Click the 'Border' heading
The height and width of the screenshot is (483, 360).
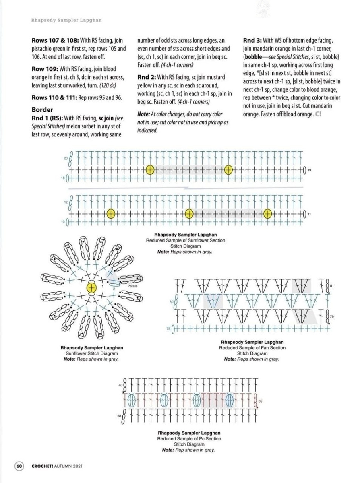click(x=42, y=109)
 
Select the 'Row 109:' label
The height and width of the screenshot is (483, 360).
click(x=45, y=69)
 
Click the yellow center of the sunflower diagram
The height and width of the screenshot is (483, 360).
click(x=92, y=287)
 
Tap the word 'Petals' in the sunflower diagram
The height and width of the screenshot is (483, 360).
click(x=132, y=286)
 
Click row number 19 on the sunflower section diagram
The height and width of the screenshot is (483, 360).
click(x=309, y=171)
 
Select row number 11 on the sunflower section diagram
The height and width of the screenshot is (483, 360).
click(x=309, y=214)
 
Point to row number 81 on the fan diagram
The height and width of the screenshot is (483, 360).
click(x=332, y=286)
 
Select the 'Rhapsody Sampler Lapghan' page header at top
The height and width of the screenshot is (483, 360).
click(x=66, y=20)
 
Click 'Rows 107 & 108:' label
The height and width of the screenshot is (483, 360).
click(x=55, y=41)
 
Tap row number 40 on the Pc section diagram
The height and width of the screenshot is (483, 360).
click(x=120, y=385)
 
